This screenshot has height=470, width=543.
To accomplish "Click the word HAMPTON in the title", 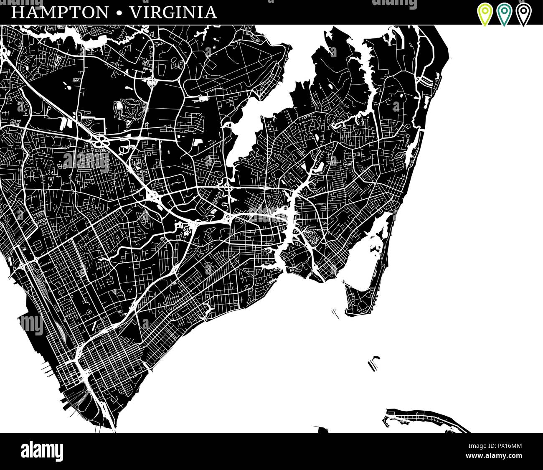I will click(59, 13).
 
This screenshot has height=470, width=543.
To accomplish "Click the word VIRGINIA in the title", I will click(173, 13).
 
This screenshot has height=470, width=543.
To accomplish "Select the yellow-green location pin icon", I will click(485, 14).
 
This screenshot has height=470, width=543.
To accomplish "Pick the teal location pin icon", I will click(504, 14).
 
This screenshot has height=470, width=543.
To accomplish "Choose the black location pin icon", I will click(523, 14).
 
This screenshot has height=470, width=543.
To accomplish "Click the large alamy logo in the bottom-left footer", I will click(42, 451).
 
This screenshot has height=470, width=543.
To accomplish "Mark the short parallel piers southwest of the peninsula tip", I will click(335, 313).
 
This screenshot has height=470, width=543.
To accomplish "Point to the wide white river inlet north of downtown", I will click(246, 125).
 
